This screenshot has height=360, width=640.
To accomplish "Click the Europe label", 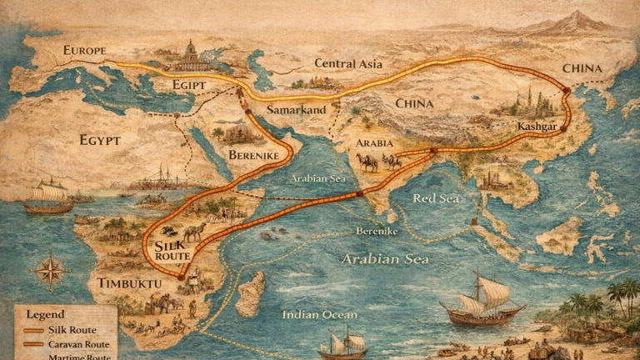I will tap(84, 51).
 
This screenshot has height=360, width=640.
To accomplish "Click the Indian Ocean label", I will tap(319, 314).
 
